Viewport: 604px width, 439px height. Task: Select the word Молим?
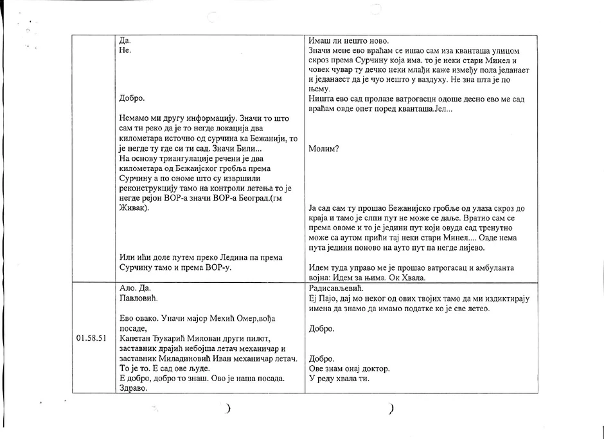[324, 148]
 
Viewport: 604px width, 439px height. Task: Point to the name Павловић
[138, 298]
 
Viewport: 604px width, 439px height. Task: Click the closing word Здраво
[134, 388]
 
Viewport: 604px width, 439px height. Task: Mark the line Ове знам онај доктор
[349, 368]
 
